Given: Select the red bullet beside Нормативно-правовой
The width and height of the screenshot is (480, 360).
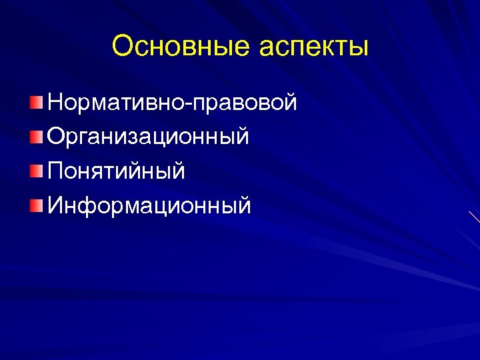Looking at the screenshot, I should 35,103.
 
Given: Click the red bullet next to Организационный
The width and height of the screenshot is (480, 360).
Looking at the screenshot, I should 35,137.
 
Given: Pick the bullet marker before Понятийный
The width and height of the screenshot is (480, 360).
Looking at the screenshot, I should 35,172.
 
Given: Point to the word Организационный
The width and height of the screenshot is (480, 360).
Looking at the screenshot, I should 149,137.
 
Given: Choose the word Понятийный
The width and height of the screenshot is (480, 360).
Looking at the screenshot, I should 116,172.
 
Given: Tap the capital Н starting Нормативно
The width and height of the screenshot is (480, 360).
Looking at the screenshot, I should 56,103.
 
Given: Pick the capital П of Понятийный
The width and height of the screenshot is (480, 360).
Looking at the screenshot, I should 56,171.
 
